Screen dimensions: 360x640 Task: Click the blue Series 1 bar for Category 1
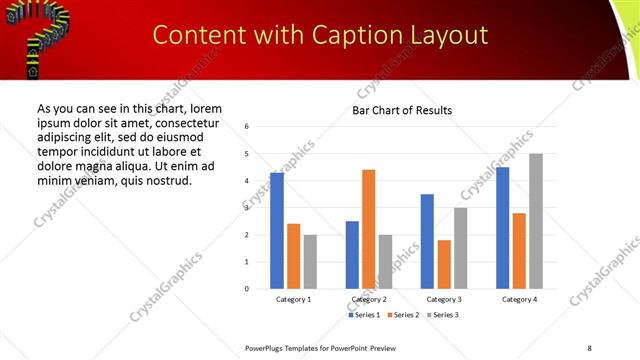tap(277, 231)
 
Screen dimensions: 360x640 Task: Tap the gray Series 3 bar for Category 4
tap(536, 221)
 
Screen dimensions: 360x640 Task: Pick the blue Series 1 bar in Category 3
tap(427, 241)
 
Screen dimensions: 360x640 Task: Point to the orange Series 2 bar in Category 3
tap(444, 264)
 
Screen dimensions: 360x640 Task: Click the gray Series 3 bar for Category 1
tap(310, 261)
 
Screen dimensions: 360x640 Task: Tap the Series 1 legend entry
tap(364, 315)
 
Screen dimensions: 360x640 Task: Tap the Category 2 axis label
tap(369, 299)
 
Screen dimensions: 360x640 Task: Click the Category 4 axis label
tap(519, 299)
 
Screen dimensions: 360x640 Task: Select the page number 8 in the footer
tap(589, 347)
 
